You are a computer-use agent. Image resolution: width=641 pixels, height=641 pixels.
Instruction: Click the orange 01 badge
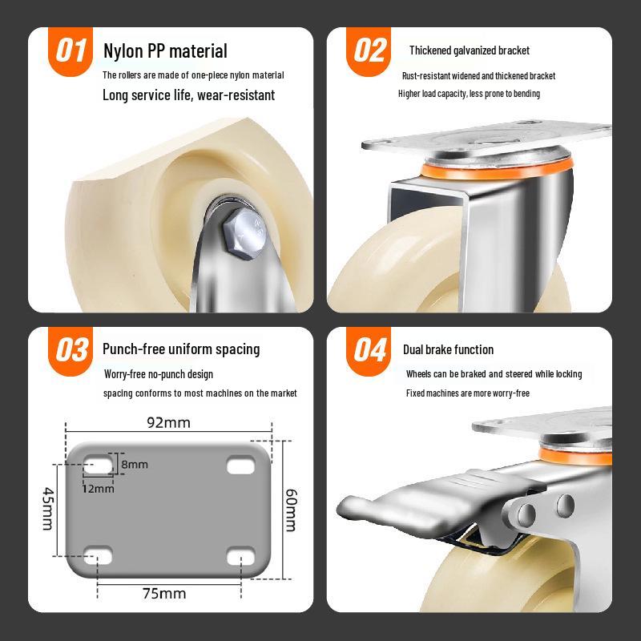click(71, 51)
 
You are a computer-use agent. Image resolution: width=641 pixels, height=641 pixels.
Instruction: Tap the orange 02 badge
click(369, 51)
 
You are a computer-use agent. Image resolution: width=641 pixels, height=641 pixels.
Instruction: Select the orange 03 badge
click(71, 350)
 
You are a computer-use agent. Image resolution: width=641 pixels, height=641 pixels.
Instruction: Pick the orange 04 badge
click(369, 350)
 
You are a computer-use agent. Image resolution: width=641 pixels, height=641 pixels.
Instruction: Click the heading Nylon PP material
click(165, 51)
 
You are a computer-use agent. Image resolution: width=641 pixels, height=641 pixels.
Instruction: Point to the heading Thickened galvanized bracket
click(470, 50)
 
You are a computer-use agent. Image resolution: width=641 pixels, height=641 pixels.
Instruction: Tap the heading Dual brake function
click(448, 349)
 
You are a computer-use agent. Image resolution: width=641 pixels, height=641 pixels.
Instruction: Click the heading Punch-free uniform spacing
click(181, 349)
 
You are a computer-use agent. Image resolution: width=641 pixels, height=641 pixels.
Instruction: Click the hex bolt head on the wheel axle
click(244, 233)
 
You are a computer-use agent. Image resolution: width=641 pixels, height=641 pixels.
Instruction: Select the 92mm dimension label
click(168, 423)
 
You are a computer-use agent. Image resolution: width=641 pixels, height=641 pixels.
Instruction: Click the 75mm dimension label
click(164, 593)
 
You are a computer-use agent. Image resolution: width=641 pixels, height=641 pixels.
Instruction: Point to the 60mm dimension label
click(291, 510)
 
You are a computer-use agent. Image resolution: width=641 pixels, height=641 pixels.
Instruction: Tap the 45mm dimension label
click(48, 508)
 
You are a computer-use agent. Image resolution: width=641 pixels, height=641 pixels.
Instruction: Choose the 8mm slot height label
click(135, 465)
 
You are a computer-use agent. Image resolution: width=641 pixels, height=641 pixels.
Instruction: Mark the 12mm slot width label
click(98, 489)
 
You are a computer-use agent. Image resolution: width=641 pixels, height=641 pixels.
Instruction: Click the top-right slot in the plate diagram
click(241, 465)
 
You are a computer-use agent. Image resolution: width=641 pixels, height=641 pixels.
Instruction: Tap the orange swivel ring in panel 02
click(496, 170)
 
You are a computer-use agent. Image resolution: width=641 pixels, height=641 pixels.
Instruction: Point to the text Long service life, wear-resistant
click(188, 95)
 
